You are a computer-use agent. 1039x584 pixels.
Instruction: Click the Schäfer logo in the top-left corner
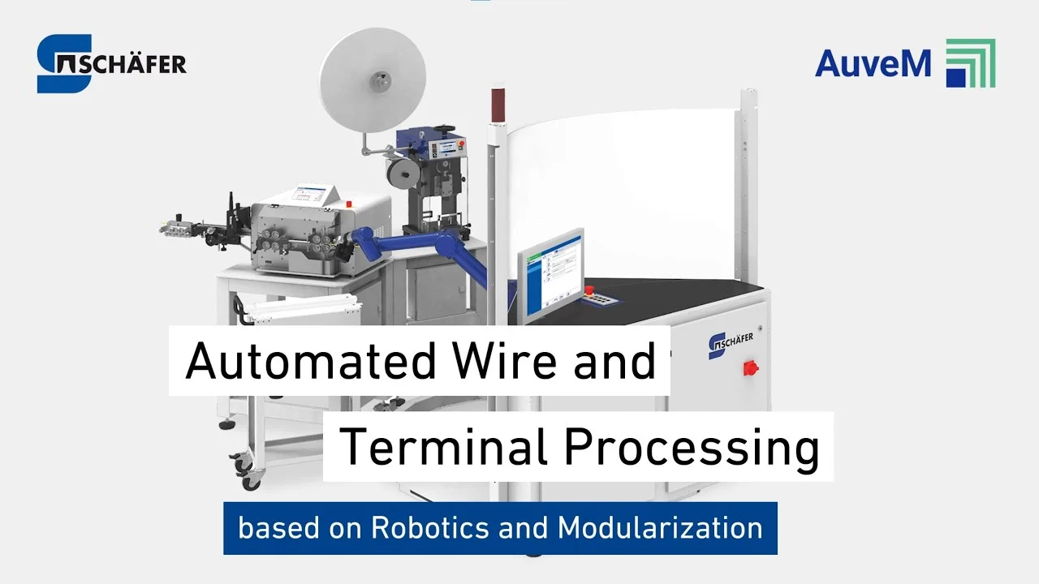pyautogui.click(x=111, y=63)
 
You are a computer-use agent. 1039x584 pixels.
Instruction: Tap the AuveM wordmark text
pyautogui.click(x=873, y=63)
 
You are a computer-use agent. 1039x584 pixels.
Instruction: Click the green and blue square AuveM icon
pyautogui.click(x=971, y=63)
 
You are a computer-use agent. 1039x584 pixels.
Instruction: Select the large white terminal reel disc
pyautogui.click(x=373, y=80)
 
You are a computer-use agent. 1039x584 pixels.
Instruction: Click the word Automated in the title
pyautogui.click(x=310, y=362)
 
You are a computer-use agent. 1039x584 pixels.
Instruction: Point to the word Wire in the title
pyautogui.click(x=505, y=361)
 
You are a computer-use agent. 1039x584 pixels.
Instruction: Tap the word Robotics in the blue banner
pyautogui.click(x=430, y=528)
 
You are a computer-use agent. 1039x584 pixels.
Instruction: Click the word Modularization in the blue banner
pyautogui.click(x=660, y=528)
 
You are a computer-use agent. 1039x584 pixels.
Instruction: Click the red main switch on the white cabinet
pyautogui.click(x=751, y=368)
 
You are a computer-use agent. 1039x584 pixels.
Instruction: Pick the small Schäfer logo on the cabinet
pyautogui.click(x=730, y=345)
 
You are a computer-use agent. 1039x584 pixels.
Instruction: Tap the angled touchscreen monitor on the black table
pyautogui.click(x=551, y=276)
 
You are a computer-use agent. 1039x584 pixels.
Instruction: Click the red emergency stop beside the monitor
pyautogui.click(x=589, y=290)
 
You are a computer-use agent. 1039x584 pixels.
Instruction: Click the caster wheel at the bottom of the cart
pyautogui.click(x=252, y=482)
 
